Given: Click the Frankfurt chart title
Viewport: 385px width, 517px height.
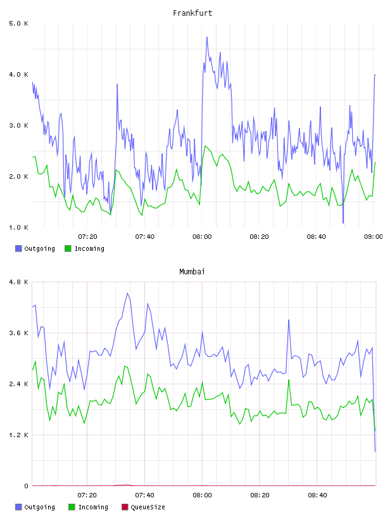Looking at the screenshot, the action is click(192, 13).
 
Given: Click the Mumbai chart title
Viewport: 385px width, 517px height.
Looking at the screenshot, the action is click(192, 272).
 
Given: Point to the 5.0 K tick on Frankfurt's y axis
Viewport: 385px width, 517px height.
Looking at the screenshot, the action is click(18, 23).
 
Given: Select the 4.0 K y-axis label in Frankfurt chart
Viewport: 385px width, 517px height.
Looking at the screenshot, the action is click(18, 75).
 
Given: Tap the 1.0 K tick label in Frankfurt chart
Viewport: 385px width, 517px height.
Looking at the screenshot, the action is click(18, 227).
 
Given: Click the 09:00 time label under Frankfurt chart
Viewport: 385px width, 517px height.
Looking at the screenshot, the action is click(373, 237).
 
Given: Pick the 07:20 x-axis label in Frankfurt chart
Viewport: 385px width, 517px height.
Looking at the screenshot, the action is click(87, 237).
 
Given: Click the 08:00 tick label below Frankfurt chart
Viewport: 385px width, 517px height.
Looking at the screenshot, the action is click(202, 237).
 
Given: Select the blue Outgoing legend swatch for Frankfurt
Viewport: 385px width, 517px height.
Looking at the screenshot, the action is click(18, 248).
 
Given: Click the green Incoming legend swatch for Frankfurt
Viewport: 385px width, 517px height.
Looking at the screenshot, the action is click(68, 248).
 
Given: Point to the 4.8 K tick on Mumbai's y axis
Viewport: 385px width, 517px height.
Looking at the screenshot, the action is click(18, 282).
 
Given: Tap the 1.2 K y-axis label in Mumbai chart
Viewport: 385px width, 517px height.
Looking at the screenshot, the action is click(18, 435).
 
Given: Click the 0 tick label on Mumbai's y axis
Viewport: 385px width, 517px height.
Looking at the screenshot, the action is click(26, 486).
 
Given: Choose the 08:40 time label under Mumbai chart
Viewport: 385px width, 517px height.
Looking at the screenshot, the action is click(317, 495).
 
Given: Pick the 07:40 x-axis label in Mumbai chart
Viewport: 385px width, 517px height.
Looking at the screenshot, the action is click(145, 495).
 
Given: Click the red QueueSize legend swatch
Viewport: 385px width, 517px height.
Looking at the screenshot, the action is click(125, 507).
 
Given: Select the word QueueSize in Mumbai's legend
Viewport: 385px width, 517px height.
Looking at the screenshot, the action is click(148, 507).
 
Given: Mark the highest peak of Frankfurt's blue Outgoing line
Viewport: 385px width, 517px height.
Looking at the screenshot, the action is click(207, 37).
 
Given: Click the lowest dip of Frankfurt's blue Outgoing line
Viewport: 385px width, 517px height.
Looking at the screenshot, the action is click(343, 223).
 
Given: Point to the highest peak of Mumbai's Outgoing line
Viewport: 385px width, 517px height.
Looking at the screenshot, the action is click(127, 293).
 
